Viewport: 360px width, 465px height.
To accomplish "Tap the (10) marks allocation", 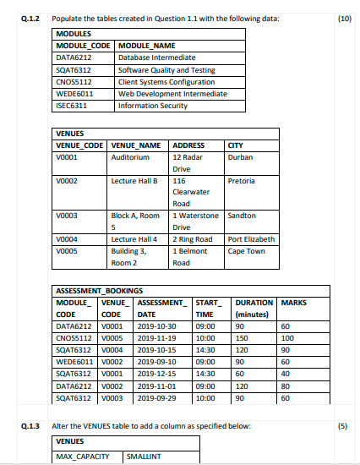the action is click(x=344, y=16).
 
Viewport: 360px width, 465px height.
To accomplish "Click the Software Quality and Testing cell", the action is click(x=161, y=70).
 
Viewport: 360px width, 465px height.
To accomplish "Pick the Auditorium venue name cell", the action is click(x=129, y=157).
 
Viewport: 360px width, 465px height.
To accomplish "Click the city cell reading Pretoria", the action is click(x=242, y=181).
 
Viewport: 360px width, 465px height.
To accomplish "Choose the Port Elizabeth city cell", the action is click(x=251, y=240).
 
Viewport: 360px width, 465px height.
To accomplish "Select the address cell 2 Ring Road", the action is click(x=192, y=240).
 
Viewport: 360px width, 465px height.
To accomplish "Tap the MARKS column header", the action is click(x=293, y=302).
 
